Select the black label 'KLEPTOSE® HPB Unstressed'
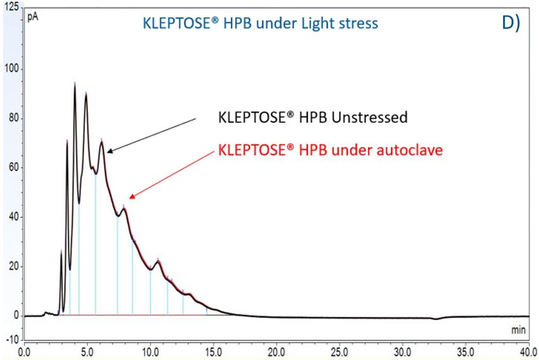pyautogui.click(x=312, y=117)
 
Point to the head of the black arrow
pyautogui.click(x=107, y=152)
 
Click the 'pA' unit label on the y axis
pyautogui.click(x=32, y=17)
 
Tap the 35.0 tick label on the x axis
pyautogui.click(x=465, y=349)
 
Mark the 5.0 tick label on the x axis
pyautogui.click(x=87, y=349)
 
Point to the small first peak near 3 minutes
pyautogui.click(x=62, y=252)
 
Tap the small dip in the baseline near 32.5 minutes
pyautogui.click(x=435, y=319)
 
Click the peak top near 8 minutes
pyautogui.click(x=124, y=207)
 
